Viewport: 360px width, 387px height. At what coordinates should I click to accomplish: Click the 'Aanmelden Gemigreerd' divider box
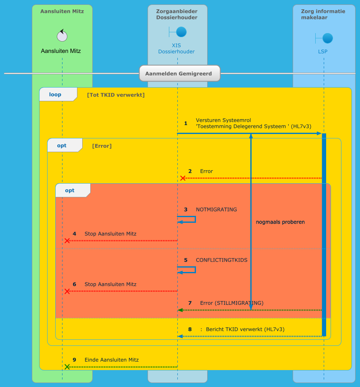[x=180, y=74]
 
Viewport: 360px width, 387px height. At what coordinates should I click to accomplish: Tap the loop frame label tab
[x=56, y=95]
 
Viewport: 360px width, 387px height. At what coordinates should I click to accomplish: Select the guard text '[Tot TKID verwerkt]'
[x=116, y=95]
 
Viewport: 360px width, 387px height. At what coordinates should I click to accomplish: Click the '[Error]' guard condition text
[x=102, y=146]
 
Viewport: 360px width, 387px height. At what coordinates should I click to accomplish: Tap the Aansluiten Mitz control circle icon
[x=62, y=36]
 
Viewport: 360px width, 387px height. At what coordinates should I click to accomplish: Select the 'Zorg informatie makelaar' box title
[x=323, y=14]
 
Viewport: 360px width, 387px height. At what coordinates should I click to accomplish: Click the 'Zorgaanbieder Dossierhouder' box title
[x=177, y=14]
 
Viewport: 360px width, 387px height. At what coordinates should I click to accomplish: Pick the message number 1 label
[x=186, y=123]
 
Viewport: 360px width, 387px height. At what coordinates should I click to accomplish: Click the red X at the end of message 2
[x=183, y=178]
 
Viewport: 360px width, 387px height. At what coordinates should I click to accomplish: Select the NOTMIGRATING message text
[x=216, y=209]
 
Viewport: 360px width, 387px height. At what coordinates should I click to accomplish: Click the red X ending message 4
[x=67, y=241]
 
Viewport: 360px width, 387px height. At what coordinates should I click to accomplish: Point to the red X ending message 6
[x=67, y=291]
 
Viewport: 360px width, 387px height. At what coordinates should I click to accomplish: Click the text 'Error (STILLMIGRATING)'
[x=232, y=303]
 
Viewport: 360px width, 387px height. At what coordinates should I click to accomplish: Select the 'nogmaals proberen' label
[x=280, y=222]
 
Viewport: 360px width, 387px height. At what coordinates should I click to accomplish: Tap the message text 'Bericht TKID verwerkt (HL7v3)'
[x=245, y=329]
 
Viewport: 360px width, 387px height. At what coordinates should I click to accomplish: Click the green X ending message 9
[x=67, y=367]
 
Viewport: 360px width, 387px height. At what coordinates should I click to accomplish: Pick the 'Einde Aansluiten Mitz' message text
[x=112, y=360]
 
